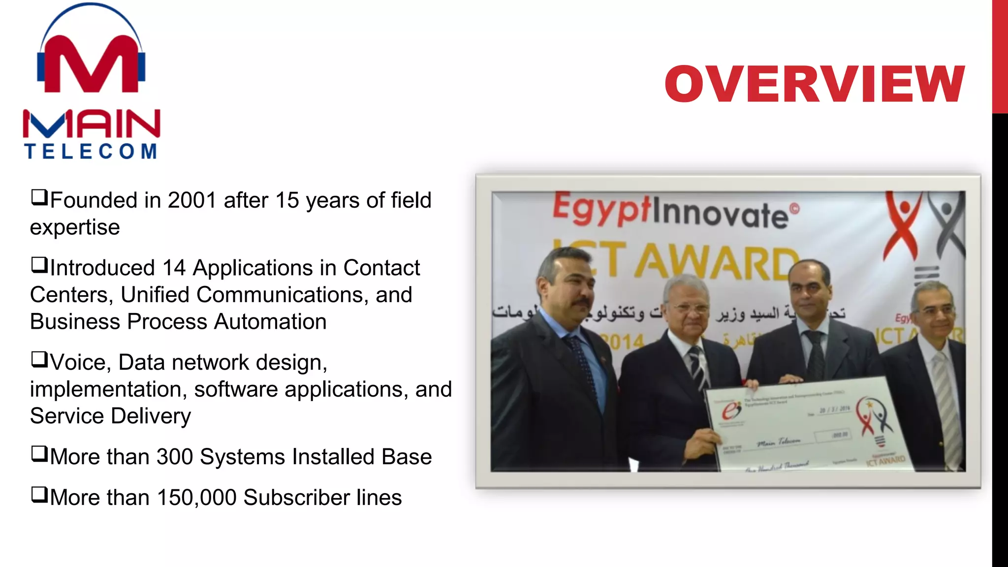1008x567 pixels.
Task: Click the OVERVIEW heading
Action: [815, 84]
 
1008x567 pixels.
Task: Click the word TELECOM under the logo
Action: [91, 152]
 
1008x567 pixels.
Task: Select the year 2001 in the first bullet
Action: [192, 200]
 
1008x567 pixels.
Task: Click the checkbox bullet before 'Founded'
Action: [39, 198]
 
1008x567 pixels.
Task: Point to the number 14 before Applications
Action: [174, 268]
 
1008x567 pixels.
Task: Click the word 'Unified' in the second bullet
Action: [155, 295]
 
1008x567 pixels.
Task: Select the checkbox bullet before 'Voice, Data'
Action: [39, 360]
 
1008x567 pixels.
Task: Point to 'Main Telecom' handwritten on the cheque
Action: [779, 441]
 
